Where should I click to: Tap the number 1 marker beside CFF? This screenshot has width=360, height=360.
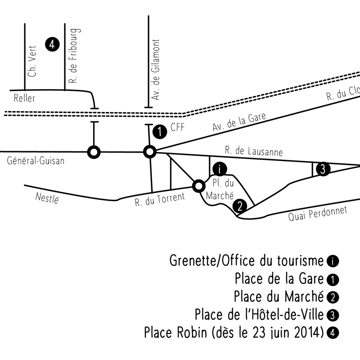(159, 132)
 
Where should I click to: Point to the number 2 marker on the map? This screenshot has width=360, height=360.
(240, 207)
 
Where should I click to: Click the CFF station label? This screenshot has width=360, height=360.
(178, 128)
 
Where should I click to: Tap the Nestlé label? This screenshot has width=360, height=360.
(47, 197)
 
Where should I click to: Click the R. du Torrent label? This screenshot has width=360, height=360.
(159, 199)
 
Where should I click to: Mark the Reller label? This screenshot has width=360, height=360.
(24, 99)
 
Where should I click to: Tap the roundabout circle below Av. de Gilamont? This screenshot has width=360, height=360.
(149, 153)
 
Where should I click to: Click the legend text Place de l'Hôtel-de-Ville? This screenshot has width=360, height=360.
(259, 314)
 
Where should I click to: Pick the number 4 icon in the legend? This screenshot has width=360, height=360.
(333, 333)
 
